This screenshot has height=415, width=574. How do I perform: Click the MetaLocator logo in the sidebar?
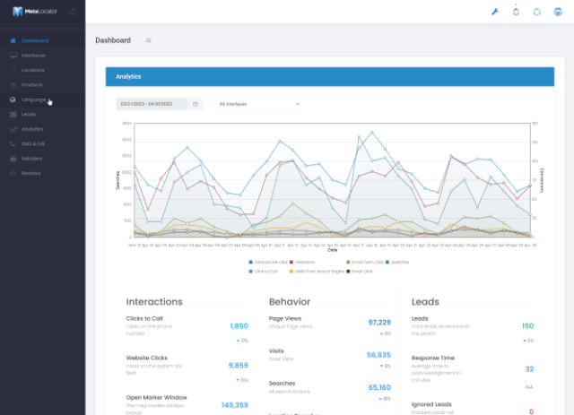pyautogui.click(x=31, y=11)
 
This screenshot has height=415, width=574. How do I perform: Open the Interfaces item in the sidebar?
pyautogui.click(x=33, y=56)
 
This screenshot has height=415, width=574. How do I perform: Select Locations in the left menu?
pyautogui.click(x=33, y=70)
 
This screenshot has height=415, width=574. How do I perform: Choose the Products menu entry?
pyautogui.click(x=32, y=84)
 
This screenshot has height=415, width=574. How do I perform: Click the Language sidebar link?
pyautogui.click(x=33, y=99)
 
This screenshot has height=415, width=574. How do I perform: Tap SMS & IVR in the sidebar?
pyautogui.click(x=34, y=143)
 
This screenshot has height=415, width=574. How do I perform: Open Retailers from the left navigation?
pyautogui.click(x=32, y=158)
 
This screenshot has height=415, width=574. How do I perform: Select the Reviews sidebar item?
pyautogui.click(x=31, y=173)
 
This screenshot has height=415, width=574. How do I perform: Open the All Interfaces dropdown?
pyautogui.click(x=258, y=104)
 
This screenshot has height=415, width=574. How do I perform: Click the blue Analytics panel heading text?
pyautogui.click(x=128, y=77)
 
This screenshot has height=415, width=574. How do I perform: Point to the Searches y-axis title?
pyautogui.click(x=117, y=179)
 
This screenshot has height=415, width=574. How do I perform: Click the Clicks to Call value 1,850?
pyautogui.click(x=239, y=326)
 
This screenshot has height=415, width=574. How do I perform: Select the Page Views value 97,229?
pyautogui.click(x=378, y=322)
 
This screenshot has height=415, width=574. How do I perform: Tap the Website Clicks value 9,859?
pyautogui.click(x=239, y=366)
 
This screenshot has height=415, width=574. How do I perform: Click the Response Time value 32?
pyautogui.click(x=529, y=368)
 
